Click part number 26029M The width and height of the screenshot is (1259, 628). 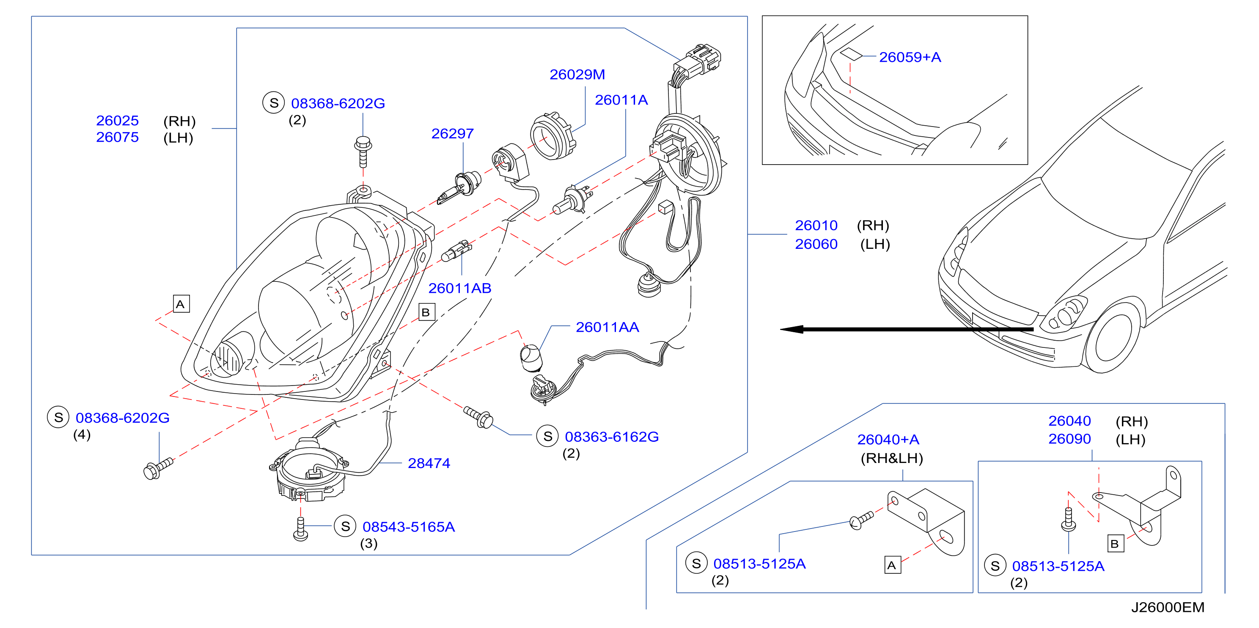pos(577,74)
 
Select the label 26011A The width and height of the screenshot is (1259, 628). pos(621,100)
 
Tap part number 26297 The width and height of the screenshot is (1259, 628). pos(453,133)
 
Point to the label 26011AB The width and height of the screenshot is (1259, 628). pos(460,288)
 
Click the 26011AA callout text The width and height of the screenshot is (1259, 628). pos(608,327)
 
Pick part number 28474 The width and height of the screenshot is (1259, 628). pos(429,463)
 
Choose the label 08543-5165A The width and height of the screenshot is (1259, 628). pos(409,526)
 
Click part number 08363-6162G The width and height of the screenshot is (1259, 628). pos(612,436)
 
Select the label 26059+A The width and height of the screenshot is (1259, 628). pos(910,57)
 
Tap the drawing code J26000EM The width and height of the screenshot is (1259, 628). pos(1168,607)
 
